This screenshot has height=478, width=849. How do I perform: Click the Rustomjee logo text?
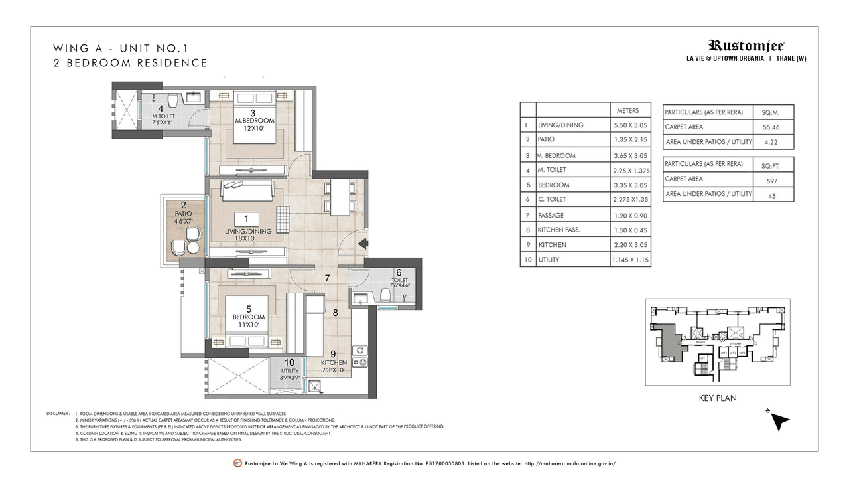[746, 46]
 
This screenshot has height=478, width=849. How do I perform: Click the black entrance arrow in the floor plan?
[363, 244]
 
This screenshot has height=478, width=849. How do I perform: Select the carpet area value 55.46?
[771, 126]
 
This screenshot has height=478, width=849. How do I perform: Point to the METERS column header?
[628, 110]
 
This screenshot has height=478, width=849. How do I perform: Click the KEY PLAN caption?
[718, 398]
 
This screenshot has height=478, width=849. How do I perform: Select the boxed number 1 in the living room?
[246, 218]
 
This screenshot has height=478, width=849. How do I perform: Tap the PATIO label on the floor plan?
[183, 214]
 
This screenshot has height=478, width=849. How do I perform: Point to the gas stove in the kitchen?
[359, 356]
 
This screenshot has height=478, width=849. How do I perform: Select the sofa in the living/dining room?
[247, 190]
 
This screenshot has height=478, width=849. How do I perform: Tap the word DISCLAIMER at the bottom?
[57, 414]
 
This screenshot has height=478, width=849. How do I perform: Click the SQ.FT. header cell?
[771, 164]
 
